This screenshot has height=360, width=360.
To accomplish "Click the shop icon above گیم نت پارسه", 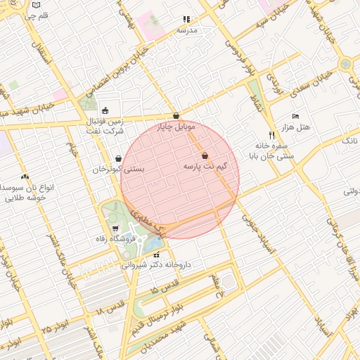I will point(205,156).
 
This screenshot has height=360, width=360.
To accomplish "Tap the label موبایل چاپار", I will point(174,127).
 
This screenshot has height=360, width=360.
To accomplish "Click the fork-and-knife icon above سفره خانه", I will point(271,135).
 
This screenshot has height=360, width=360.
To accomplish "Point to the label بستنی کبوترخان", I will point(118,169).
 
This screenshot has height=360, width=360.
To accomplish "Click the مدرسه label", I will point(187,30).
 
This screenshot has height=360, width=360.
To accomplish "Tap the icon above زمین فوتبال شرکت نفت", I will point(105,110).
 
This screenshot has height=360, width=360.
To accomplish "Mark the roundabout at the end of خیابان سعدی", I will point(345,64).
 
